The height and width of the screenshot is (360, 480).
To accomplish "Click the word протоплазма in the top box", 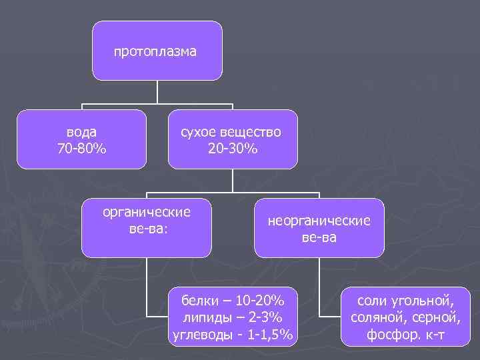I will pos(155,51).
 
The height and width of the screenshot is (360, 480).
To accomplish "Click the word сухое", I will pos(201,132).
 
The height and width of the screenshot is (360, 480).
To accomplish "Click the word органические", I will pos(146,212).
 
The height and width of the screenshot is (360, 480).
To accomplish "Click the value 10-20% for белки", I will pos(259,298).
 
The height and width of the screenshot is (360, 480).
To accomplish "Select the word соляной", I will pos(379,316).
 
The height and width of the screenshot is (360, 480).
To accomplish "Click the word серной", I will pos(436,316).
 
